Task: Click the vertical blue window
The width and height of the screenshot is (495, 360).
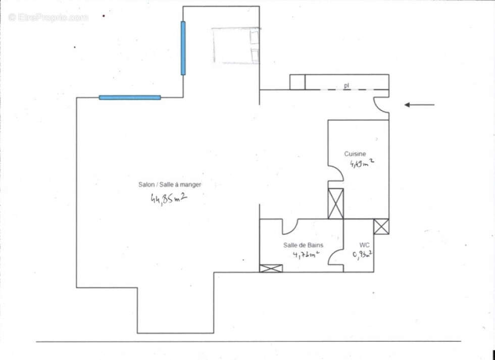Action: [183, 48]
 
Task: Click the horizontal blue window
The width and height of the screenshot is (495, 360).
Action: [130, 97]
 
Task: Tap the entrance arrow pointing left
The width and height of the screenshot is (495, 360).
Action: [419, 105]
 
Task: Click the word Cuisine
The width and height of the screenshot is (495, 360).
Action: [355, 154]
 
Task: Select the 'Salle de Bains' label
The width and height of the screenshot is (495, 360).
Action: [303, 245]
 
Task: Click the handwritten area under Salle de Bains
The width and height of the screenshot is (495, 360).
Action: [306, 254]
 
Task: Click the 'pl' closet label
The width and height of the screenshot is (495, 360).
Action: [346, 86]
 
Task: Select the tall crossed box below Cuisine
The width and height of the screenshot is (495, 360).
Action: [335, 203]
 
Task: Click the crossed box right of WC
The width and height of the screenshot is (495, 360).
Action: [381, 226]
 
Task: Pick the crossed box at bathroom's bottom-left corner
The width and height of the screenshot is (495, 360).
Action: [271, 268]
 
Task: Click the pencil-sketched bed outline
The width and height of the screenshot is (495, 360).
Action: [236, 45]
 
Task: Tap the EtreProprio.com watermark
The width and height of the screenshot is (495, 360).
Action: [48, 18]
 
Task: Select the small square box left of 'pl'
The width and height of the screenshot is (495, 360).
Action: [298, 82]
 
